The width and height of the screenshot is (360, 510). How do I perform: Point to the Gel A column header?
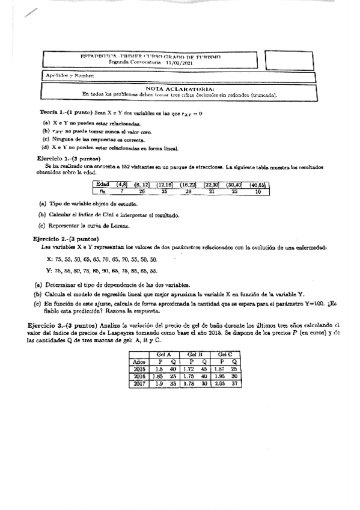163,354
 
